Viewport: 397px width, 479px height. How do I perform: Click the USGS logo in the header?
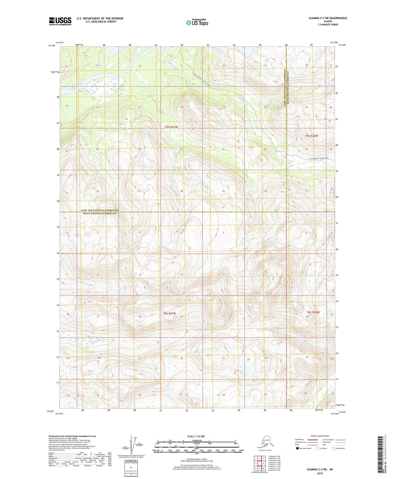(x=60, y=21)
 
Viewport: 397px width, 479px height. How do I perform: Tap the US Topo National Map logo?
(x=197, y=22)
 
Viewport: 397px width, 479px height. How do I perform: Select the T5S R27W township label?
(x=171, y=127)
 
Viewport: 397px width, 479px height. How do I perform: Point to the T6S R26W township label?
(x=313, y=312)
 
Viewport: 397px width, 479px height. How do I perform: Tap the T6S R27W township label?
(x=169, y=313)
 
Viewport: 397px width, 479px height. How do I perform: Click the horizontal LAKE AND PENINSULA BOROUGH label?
(x=102, y=210)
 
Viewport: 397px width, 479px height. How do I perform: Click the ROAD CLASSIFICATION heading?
(x=320, y=436)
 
